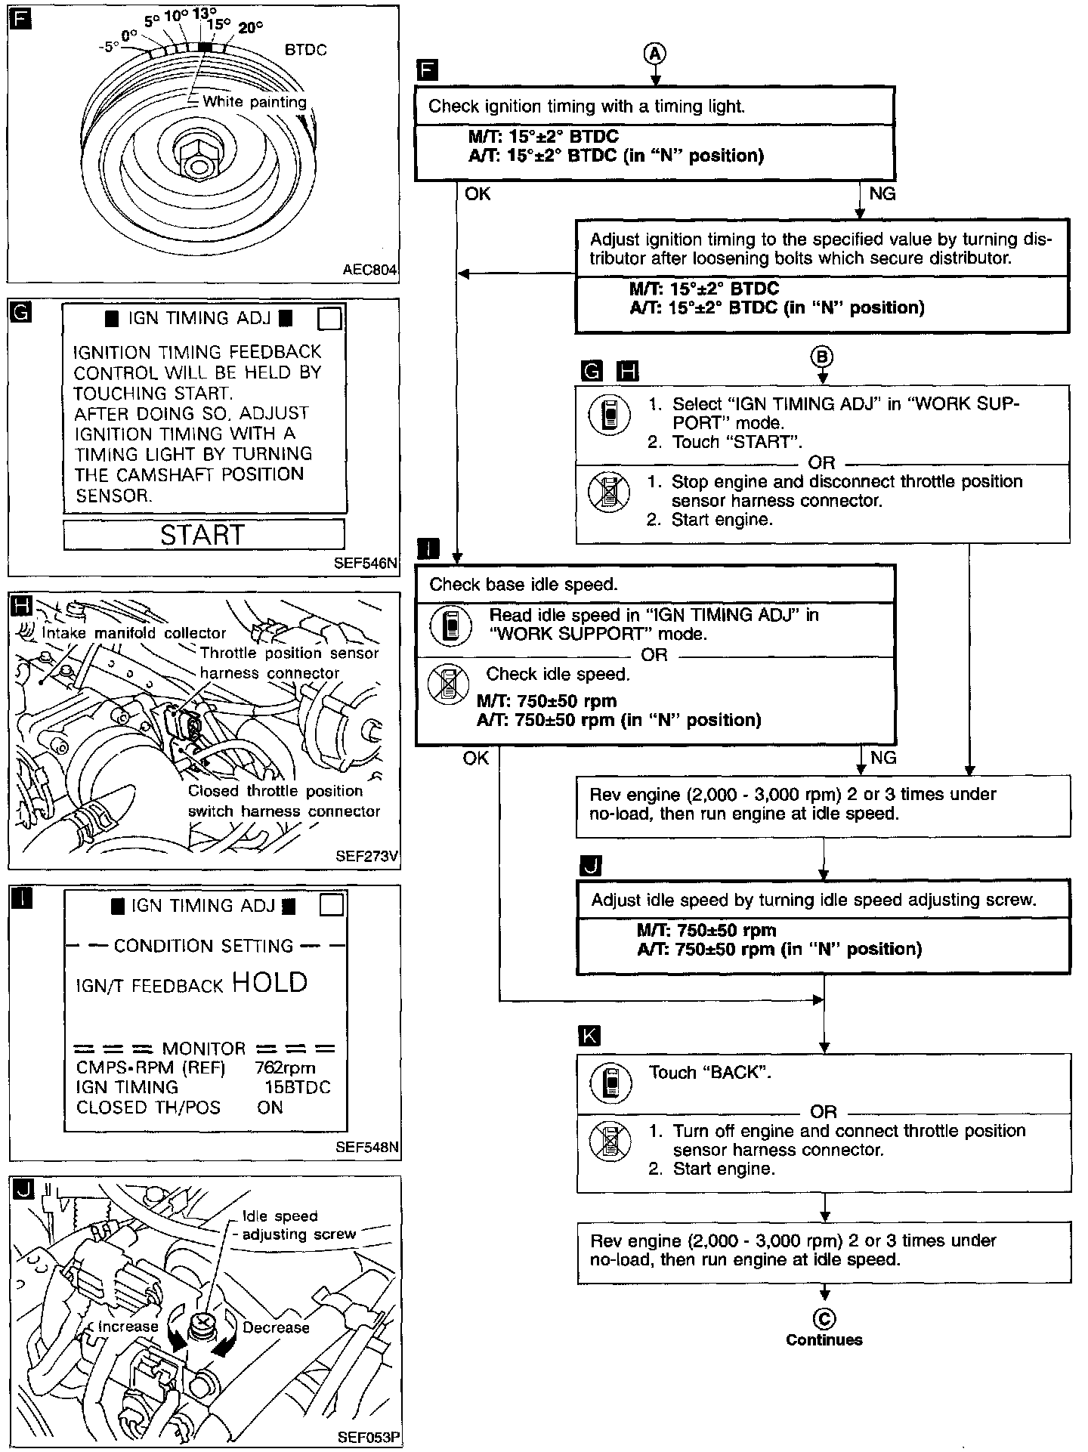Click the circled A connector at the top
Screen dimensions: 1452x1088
(x=655, y=52)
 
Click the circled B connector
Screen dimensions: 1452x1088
(x=823, y=357)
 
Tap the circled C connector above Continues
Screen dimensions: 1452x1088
(x=824, y=1319)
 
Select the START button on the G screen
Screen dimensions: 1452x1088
(x=203, y=535)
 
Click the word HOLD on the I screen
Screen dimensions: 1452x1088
(x=270, y=982)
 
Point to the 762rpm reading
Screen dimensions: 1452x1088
(x=286, y=1067)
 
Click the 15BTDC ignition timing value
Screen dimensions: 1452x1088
(x=298, y=1087)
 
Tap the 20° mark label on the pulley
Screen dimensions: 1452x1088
(x=251, y=28)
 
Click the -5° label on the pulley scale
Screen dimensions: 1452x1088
(x=110, y=47)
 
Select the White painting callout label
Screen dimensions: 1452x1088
(x=254, y=102)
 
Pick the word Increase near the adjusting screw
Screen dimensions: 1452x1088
(x=128, y=1327)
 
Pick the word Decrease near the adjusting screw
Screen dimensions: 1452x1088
(x=276, y=1327)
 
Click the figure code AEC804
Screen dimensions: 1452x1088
(x=369, y=270)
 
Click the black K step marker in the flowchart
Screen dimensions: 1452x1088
(x=589, y=1035)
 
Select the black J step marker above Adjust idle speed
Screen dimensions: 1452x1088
(x=589, y=866)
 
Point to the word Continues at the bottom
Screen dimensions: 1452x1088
(x=824, y=1340)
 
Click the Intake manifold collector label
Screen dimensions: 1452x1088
(x=134, y=633)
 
